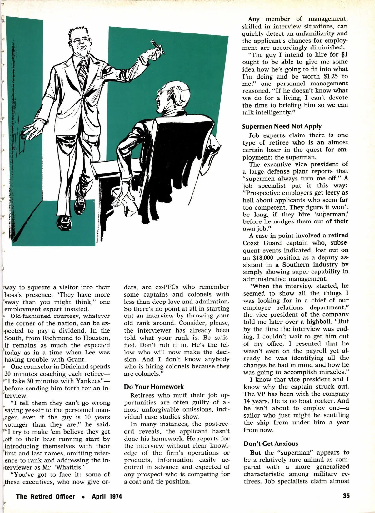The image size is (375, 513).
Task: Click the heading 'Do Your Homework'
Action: [x=154, y=387]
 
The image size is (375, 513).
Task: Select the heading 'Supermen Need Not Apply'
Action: [x=282, y=126]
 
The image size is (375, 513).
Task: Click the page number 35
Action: [x=346, y=496]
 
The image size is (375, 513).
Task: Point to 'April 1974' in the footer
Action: [x=107, y=497]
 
